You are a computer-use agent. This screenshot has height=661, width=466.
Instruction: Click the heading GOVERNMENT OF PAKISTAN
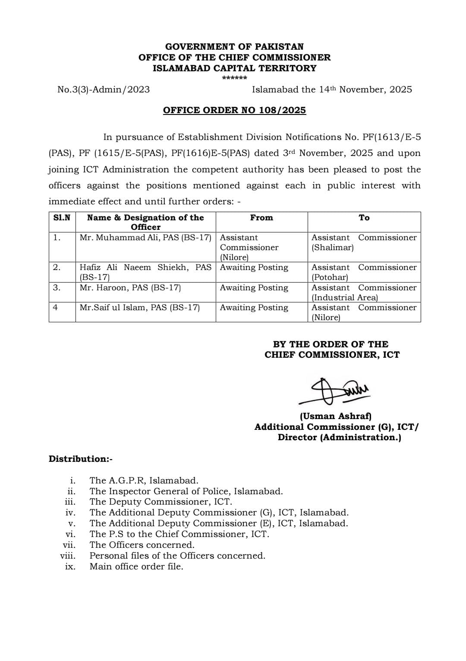234,47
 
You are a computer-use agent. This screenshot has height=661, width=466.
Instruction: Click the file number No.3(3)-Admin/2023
104,89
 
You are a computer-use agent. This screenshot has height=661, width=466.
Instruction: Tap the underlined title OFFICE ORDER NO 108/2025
234,110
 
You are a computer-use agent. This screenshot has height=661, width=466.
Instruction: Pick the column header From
261,218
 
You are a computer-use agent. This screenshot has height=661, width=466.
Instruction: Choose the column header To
364,218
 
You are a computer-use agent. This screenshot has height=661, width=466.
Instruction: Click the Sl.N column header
62,218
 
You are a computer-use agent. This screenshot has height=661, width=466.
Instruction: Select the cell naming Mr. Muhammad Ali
145,238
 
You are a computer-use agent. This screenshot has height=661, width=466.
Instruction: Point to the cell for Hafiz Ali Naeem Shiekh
145,272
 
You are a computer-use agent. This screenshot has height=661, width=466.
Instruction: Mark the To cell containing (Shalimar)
364,243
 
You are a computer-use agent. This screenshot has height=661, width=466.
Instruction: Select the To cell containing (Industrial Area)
364,292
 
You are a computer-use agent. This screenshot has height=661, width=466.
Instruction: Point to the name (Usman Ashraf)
336,416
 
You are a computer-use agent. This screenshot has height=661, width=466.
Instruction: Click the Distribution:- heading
80,459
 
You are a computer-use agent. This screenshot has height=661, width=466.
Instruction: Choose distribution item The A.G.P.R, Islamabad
144,480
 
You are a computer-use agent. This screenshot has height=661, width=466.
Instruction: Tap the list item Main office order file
136,566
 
